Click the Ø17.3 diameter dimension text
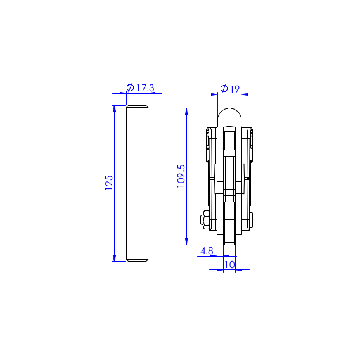click(x=141, y=87)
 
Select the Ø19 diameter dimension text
click(x=230, y=89)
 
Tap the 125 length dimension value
click(x=109, y=183)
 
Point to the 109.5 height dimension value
click(x=181, y=176)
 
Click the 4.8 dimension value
click(x=207, y=251)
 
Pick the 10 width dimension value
click(x=229, y=265)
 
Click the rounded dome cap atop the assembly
click(x=229, y=117)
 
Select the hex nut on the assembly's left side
click(x=205, y=220)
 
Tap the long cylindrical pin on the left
click(x=138, y=183)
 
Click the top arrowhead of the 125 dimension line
click(x=114, y=108)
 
